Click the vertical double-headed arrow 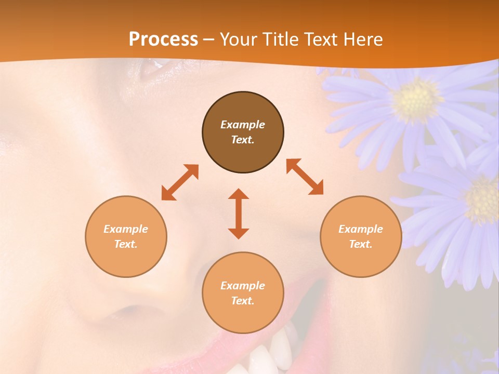pos(239,213)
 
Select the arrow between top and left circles pos(180,182)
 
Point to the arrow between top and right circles pos(305,177)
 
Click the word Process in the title pos(163,39)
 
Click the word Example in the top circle pos(243,125)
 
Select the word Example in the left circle pos(126,229)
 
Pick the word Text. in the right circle pos(360,244)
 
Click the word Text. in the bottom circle pos(243,301)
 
